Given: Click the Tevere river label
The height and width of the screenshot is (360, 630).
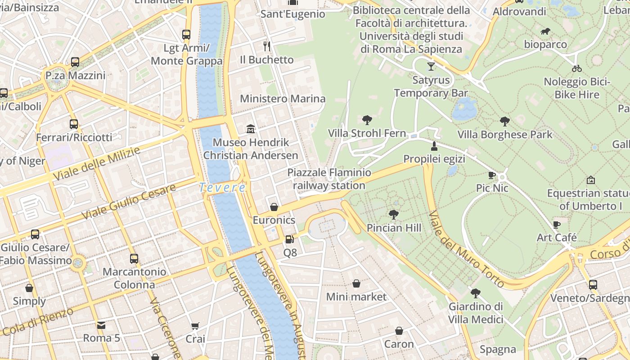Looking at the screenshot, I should (x=222, y=187).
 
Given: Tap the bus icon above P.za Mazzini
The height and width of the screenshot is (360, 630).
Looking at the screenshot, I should (x=75, y=62).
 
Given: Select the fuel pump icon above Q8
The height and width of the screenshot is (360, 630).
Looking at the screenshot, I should (x=289, y=240).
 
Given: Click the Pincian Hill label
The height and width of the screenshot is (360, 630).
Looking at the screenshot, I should (x=394, y=228).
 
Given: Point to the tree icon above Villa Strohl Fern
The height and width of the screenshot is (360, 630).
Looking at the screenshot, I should (x=367, y=120).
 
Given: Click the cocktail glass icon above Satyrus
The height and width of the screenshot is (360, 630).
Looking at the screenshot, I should (x=431, y=67).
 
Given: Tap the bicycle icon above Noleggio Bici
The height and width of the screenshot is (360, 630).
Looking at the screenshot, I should (x=576, y=68).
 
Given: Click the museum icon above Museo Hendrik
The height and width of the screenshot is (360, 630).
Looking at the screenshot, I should (x=251, y=130).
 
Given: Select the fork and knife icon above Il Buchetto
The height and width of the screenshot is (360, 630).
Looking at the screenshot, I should (x=267, y=46).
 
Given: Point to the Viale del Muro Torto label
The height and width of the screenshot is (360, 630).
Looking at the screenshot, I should (x=466, y=249).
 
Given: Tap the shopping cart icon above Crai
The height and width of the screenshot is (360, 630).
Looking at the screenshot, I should (x=195, y=326).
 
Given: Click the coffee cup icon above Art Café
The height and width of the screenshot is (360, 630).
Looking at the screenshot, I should (x=557, y=225).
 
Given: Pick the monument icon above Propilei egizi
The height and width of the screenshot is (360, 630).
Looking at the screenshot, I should (x=434, y=146).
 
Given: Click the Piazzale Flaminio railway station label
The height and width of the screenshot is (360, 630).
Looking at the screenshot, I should (x=329, y=179).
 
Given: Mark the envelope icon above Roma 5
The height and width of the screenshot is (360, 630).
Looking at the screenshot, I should (x=101, y=325).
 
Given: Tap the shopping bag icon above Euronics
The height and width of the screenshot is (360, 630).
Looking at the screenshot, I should (x=274, y=207).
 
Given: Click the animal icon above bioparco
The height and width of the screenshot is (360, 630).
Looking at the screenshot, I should (x=545, y=31).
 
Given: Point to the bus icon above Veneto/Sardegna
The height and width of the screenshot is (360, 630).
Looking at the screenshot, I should (x=593, y=285).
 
